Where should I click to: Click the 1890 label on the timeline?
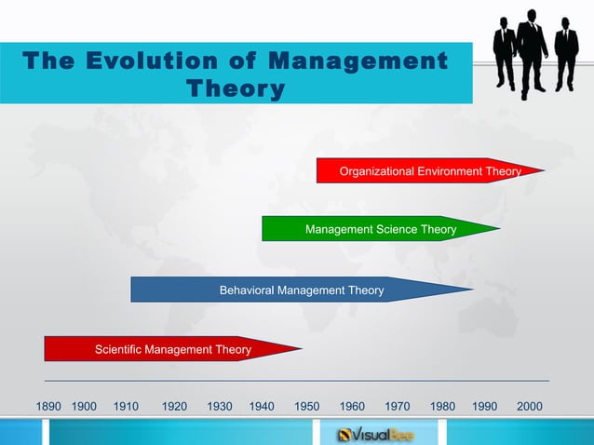48,407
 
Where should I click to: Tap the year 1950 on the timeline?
307,407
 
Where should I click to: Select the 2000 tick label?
529,407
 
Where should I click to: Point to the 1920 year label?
174,407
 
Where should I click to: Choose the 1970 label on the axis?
398,407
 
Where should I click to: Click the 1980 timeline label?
442,407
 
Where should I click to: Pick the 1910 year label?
126,407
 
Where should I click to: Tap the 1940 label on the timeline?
262,407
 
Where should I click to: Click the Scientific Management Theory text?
173,350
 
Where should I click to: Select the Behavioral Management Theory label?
301,290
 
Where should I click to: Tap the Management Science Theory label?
381,229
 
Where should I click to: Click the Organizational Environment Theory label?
430,171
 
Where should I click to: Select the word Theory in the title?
236,89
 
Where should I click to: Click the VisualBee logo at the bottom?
375,434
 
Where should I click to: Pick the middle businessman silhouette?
532,51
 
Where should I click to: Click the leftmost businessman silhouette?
504,54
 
